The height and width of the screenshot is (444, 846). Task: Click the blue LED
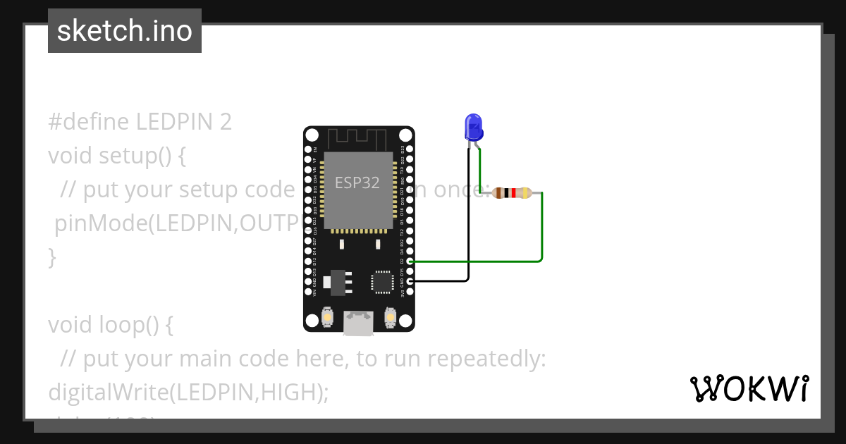pos(473,128)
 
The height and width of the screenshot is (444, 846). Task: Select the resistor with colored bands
pos(512,193)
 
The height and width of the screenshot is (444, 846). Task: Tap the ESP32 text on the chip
pos(357,183)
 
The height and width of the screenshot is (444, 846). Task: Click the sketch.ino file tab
pos(125,31)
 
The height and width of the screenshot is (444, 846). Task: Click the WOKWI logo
pos(749,388)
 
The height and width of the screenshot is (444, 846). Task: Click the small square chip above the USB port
pos(381,282)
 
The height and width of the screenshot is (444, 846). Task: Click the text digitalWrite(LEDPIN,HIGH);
pos(188,393)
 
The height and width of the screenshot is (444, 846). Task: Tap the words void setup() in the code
pos(117,155)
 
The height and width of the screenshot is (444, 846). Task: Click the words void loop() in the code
pos(110,325)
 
